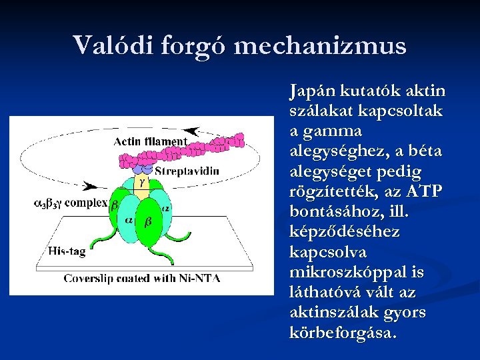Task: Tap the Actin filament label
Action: [x=150, y=141]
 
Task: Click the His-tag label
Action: [x=68, y=251]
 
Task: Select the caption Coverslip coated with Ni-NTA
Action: [x=141, y=278]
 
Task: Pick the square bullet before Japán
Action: [x=280, y=91]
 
